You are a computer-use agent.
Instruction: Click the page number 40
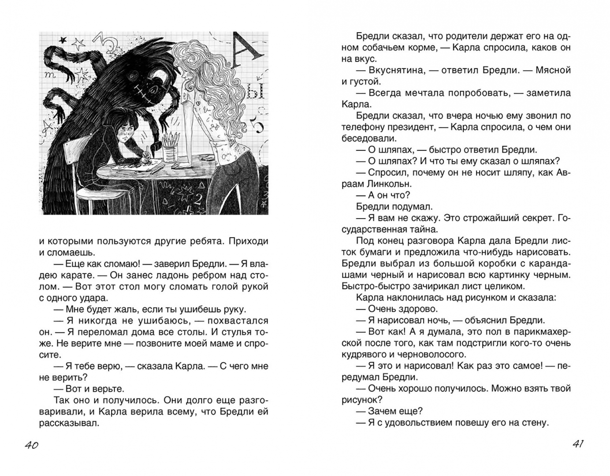coord(31,445)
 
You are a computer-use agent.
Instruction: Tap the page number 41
coord(578,444)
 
